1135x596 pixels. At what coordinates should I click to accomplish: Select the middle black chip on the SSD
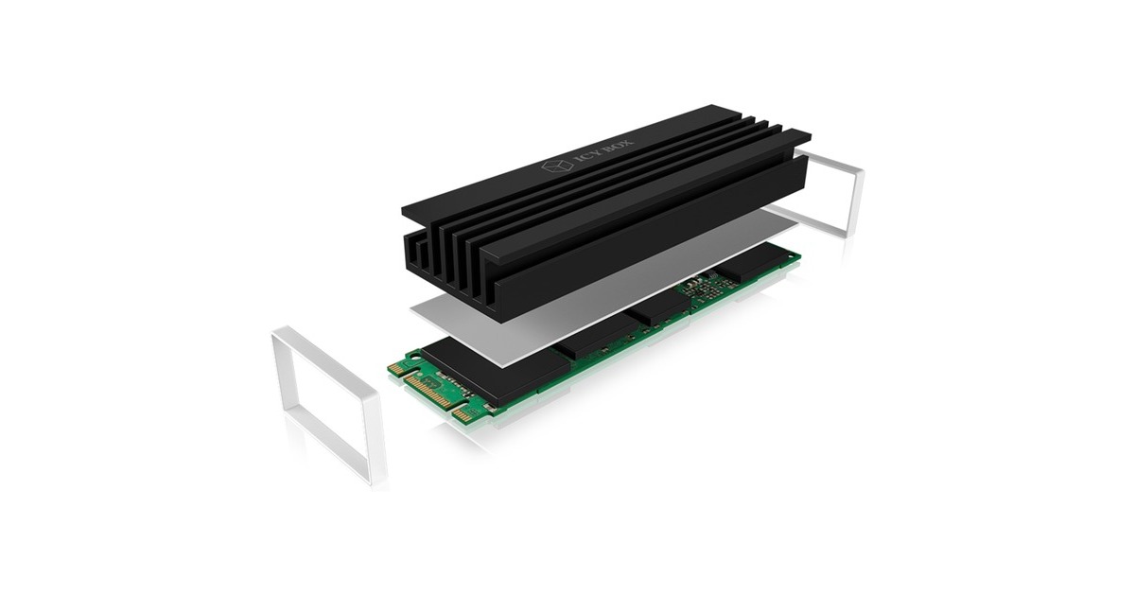(662, 313)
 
